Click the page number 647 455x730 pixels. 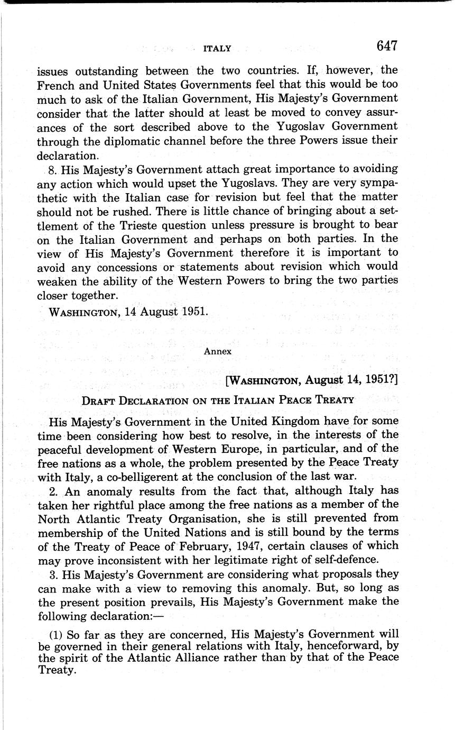pyautogui.click(x=386, y=46)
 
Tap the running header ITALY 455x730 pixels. pyautogui.click(x=217, y=49)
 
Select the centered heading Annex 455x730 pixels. pyautogui.click(x=217, y=350)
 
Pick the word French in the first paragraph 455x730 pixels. pyautogui.click(x=57, y=84)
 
